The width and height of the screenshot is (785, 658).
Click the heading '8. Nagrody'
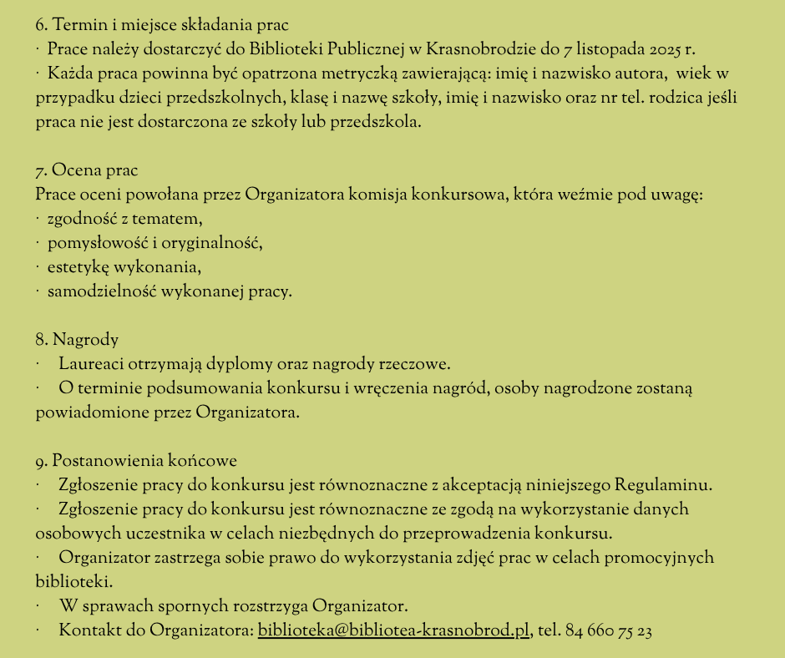coord(77,340)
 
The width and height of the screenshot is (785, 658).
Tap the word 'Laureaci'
coord(90,364)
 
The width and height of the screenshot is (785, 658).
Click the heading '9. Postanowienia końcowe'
coord(136,461)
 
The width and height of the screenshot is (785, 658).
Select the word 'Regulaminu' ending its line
coord(662,485)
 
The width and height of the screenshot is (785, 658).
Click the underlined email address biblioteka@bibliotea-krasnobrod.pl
coord(393,630)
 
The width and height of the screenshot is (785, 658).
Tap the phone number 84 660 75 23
coord(609,630)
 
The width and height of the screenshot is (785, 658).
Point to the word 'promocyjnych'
coord(668,558)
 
